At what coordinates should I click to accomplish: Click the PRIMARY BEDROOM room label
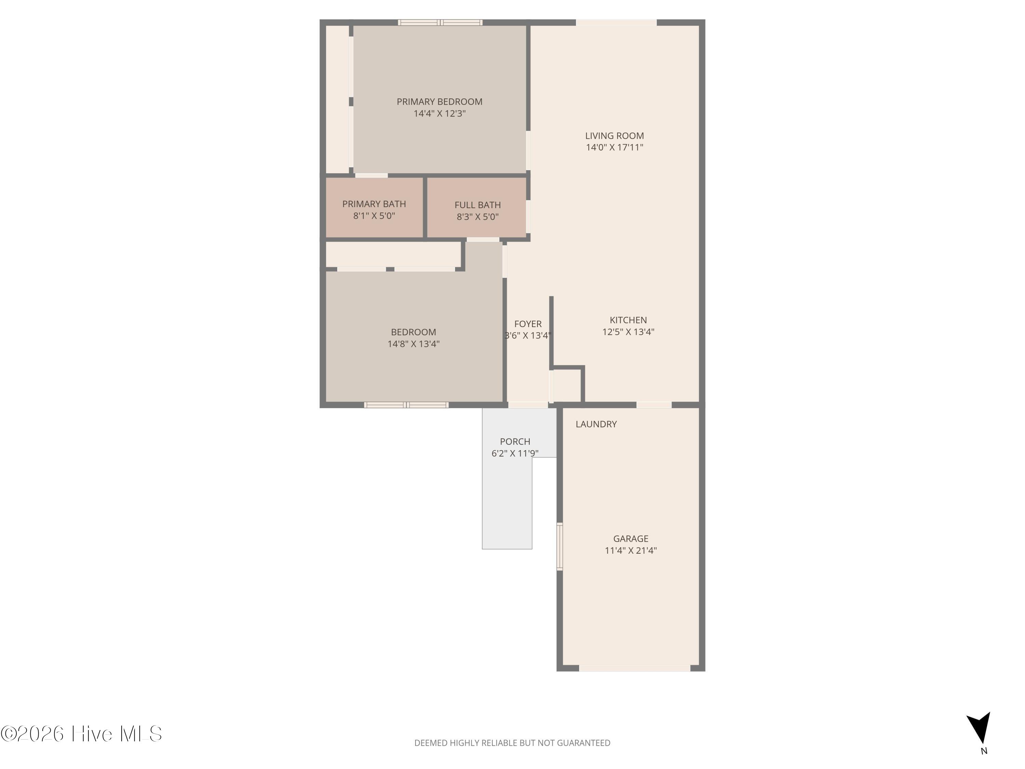(x=439, y=102)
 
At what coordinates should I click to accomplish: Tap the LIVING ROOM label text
(x=614, y=136)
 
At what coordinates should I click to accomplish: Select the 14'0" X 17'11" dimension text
(x=614, y=147)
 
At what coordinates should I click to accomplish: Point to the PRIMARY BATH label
(x=374, y=204)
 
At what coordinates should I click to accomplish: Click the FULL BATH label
(x=477, y=205)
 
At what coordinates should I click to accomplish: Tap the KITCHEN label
(x=628, y=320)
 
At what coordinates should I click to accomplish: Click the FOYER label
(x=528, y=324)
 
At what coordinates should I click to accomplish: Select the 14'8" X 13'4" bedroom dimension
(x=413, y=344)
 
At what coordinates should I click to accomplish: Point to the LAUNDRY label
(x=596, y=424)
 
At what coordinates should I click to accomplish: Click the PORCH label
(x=515, y=442)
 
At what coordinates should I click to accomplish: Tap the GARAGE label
(x=631, y=539)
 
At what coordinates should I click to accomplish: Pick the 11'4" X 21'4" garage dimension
(x=631, y=551)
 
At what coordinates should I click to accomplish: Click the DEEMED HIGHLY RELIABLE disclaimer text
(x=512, y=743)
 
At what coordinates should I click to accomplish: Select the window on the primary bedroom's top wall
(x=440, y=22)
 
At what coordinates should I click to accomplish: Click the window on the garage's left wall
(x=559, y=547)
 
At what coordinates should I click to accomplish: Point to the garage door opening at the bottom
(x=635, y=668)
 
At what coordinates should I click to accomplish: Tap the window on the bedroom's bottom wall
(x=406, y=405)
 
